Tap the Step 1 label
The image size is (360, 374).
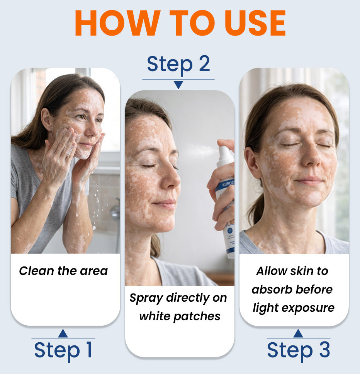click(63, 350)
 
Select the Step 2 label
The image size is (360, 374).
click(178, 64)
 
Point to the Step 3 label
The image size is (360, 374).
click(298, 350)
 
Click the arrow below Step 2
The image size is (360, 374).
click(178, 85)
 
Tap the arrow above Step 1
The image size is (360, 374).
click(63, 333)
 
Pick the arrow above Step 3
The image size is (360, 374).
click(298, 333)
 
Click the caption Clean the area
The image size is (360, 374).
click(63, 271)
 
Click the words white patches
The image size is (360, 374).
click(180, 316)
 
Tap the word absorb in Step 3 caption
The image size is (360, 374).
click(270, 289)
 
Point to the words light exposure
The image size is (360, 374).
click(294, 308)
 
